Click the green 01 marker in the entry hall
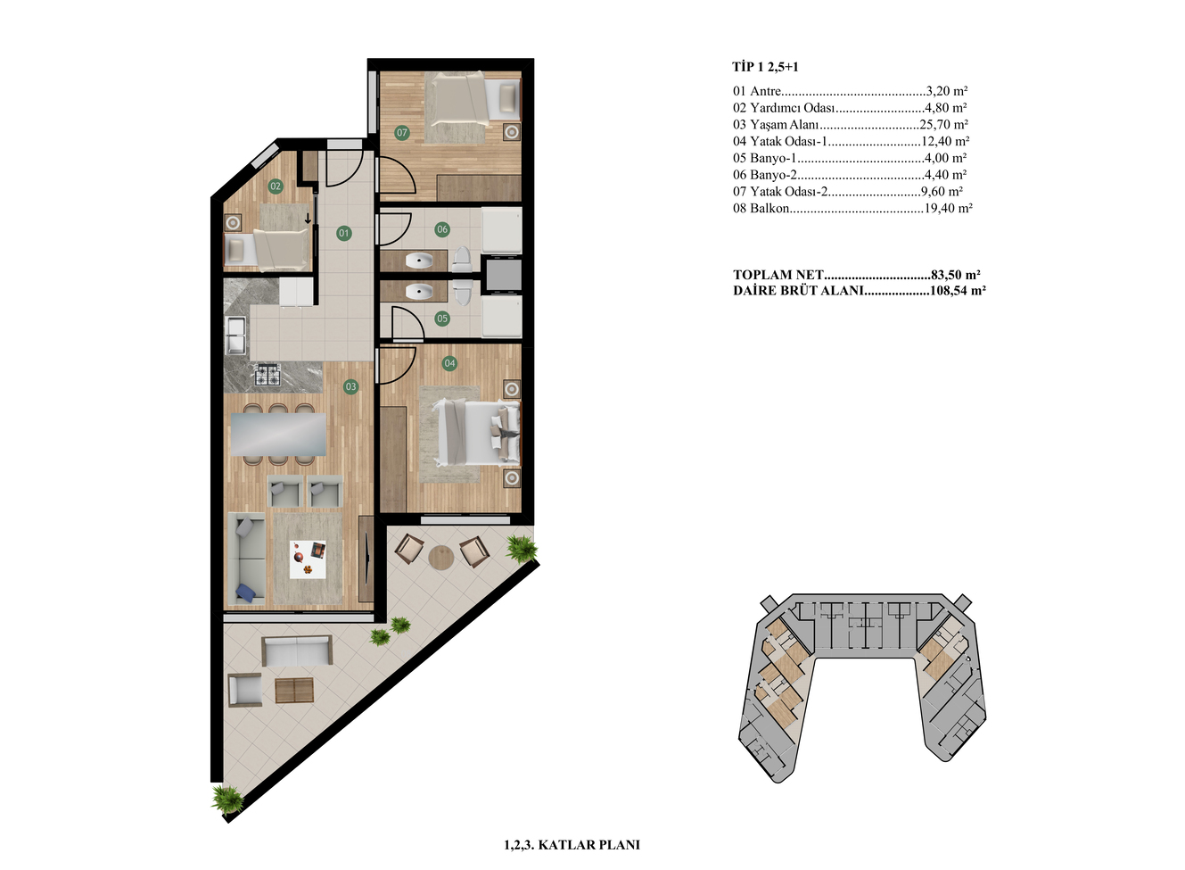(x=344, y=233)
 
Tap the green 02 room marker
(x=276, y=186)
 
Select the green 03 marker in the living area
(x=350, y=386)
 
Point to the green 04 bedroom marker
(x=449, y=363)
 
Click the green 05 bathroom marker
(x=442, y=319)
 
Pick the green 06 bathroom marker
(x=442, y=229)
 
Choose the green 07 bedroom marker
(x=402, y=132)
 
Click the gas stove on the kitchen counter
(x=267, y=375)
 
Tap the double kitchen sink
(x=236, y=336)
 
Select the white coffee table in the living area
(x=308, y=559)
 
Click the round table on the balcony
(x=440, y=557)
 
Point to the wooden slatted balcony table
(x=294, y=691)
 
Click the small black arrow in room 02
(x=308, y=219)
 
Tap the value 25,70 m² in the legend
(x=943, y=124)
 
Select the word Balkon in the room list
(x=769, y=208)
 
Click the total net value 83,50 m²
(x=956, y=275)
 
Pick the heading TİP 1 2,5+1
(x=766, y=67)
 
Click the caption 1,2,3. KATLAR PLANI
(x=572, y=845)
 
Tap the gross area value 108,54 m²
(x=958, y=290)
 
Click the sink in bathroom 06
(x=419, y=260)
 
